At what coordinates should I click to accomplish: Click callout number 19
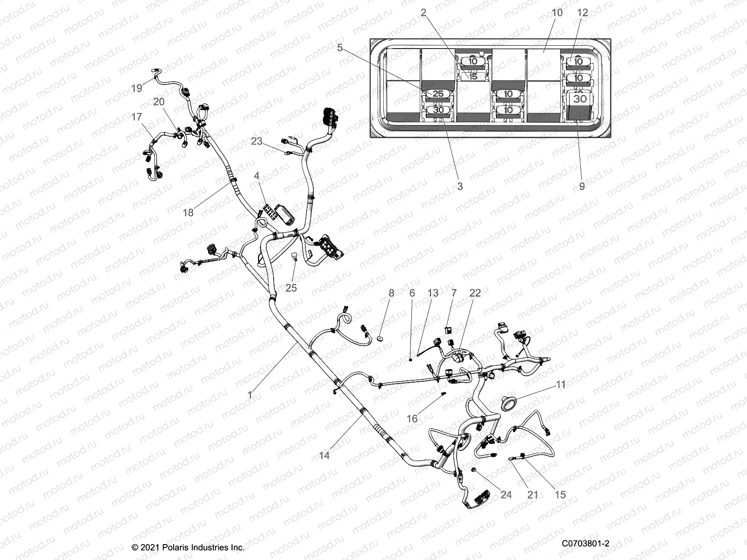pos(136,88)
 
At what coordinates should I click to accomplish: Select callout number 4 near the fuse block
pos(256,176)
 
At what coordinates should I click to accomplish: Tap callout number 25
pos(291,288)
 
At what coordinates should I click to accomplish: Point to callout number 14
pos(324,455)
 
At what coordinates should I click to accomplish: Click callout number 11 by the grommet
pos(561,385)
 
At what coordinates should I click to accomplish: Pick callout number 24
pos(506,494)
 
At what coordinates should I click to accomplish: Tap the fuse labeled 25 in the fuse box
pos(438,94)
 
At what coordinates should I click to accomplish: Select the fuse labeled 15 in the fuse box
pos(473,76)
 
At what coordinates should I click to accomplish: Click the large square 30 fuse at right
pos(579,99)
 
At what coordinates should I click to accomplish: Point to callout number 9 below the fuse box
pos(582,186)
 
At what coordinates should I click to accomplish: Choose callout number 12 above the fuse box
pos(583,13)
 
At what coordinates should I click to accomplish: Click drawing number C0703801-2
pos(585,544)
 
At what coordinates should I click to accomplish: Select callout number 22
pos(475,293)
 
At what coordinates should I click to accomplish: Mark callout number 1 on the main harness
pos(250,395)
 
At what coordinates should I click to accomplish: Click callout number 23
pos(257,141)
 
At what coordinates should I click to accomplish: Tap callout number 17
pos(136,117)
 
